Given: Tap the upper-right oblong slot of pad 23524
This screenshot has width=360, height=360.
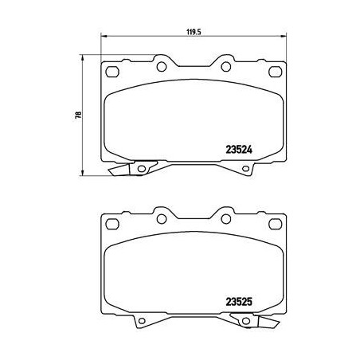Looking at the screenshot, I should [276, 72].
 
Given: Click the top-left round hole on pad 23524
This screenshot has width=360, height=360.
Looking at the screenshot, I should [160, 65].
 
